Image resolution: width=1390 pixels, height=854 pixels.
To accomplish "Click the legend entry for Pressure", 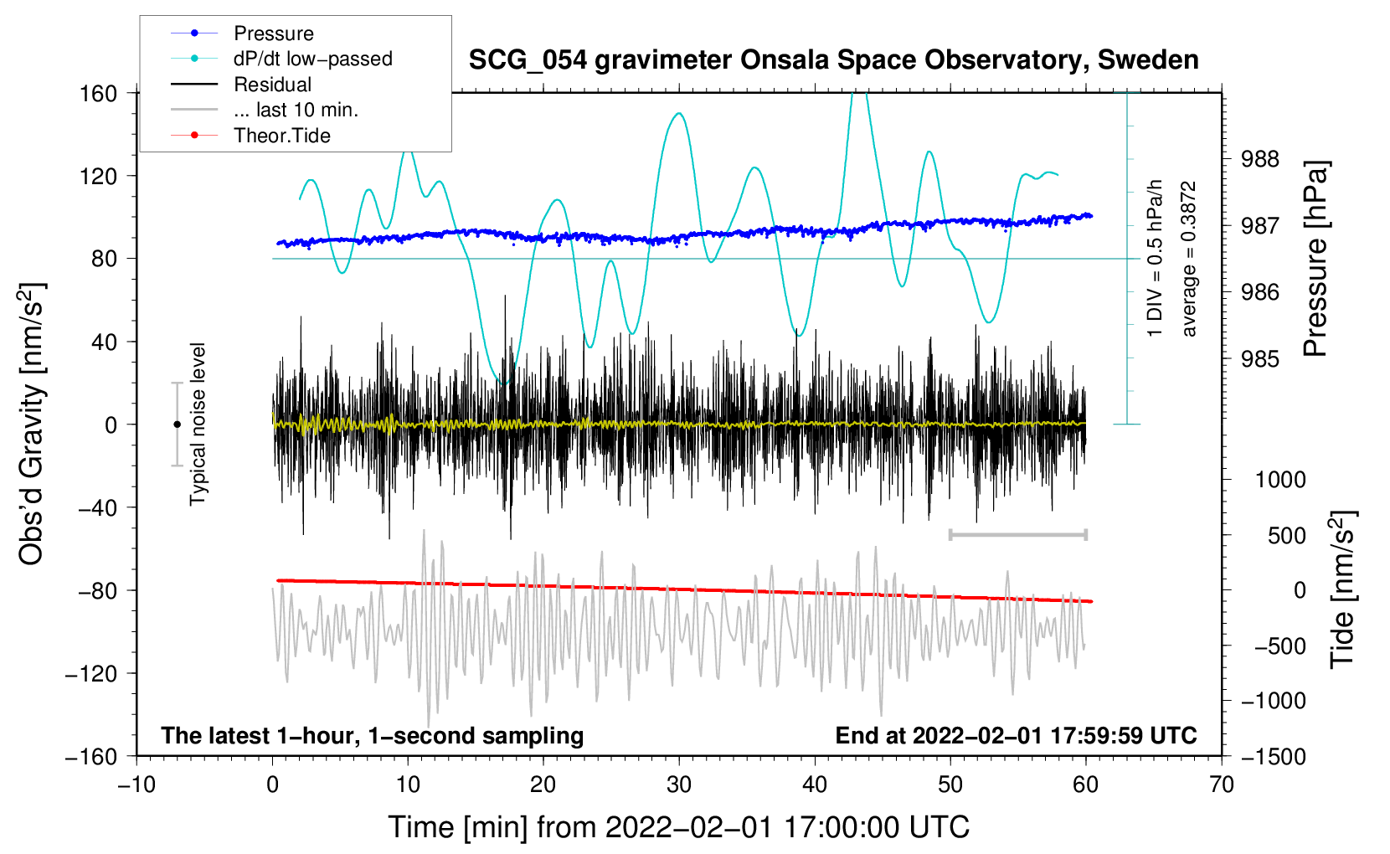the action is [243, 33].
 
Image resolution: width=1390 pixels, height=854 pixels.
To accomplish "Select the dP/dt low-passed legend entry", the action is [281, 59].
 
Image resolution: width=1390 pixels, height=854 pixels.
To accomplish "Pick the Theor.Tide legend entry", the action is [250, 136].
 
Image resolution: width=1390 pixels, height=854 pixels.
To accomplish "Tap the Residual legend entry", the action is [241, 85].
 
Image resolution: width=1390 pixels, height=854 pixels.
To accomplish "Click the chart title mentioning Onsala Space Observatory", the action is [833, 60].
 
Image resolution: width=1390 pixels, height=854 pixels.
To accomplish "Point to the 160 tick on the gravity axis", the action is [99, 94].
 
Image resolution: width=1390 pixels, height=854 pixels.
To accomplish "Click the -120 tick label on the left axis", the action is [91, 673].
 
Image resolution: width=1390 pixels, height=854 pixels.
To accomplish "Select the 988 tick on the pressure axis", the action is [1259, 160].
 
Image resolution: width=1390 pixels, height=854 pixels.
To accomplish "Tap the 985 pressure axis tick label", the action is [1259, 358].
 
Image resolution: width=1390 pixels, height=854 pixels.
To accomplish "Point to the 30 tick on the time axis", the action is [679, 785].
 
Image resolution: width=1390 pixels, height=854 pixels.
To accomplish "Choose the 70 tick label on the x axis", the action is [1221, 785].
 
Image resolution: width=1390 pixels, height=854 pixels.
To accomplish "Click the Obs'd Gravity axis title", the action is [31, 424].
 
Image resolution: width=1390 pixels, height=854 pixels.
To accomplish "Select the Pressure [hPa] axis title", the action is [1315, 259].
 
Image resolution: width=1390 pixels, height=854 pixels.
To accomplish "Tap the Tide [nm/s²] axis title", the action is [1343, 589].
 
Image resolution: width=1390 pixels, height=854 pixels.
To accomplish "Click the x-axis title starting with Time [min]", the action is [679, 827].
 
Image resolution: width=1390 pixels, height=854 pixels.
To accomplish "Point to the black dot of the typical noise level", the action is [177, 424].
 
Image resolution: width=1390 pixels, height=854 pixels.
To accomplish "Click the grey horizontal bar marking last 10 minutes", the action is [1017, 534].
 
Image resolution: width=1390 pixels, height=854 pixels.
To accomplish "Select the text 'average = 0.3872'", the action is [1188, 259].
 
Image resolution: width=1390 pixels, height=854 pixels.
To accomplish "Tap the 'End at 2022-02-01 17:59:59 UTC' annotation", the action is [1016, 735].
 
